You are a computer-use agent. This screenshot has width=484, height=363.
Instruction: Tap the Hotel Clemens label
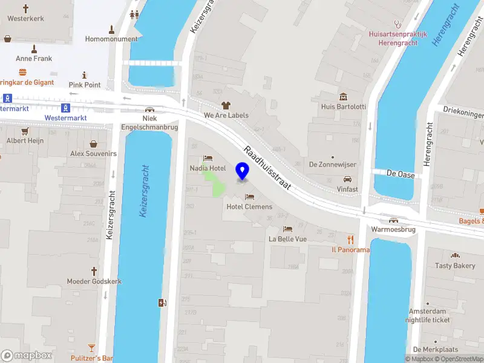pos(249,206)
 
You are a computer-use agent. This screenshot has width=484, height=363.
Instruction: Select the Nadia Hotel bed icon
pos(208,157)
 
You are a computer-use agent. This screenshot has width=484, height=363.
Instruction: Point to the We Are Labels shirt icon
pos(226,106)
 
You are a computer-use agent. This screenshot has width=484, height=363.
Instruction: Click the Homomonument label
pos(111,40)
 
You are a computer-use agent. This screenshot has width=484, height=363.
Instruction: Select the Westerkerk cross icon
pos(25,8)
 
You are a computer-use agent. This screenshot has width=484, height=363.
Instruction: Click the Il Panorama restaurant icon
pos(350,240)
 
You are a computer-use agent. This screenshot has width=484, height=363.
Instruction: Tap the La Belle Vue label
pos(288,239)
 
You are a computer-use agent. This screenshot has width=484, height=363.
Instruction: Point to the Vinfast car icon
pos(348,179)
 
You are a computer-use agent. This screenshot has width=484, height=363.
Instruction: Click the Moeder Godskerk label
pos(94,282)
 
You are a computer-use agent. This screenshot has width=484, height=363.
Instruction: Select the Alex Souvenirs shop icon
pos(94,144)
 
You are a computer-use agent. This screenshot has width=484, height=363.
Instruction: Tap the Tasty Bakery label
pos(455,266)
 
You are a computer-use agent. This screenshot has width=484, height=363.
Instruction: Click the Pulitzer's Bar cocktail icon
pos(91,348)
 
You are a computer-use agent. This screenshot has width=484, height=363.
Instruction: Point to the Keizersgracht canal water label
pos(145,191)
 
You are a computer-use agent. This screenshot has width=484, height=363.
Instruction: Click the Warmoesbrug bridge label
pos(393,230)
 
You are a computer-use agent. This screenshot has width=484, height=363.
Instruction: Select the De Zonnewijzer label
pos(332,164)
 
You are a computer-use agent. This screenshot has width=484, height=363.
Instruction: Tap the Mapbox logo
pos(27,356)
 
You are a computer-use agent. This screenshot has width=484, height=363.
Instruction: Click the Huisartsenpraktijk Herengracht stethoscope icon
pos(397,24)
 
